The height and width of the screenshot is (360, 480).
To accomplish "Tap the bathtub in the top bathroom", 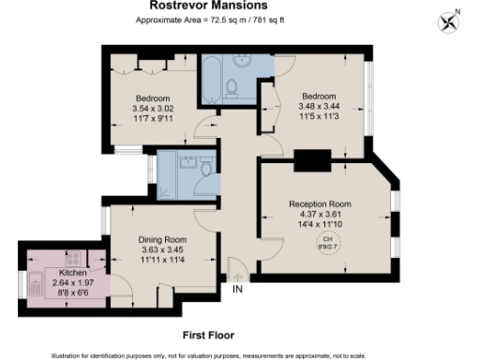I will [210, 82].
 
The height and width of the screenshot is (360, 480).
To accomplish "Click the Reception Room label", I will [319, 204].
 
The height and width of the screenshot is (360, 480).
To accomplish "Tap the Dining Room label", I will [157, 240].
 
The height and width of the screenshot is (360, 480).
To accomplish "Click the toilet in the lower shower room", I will [204, 169].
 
